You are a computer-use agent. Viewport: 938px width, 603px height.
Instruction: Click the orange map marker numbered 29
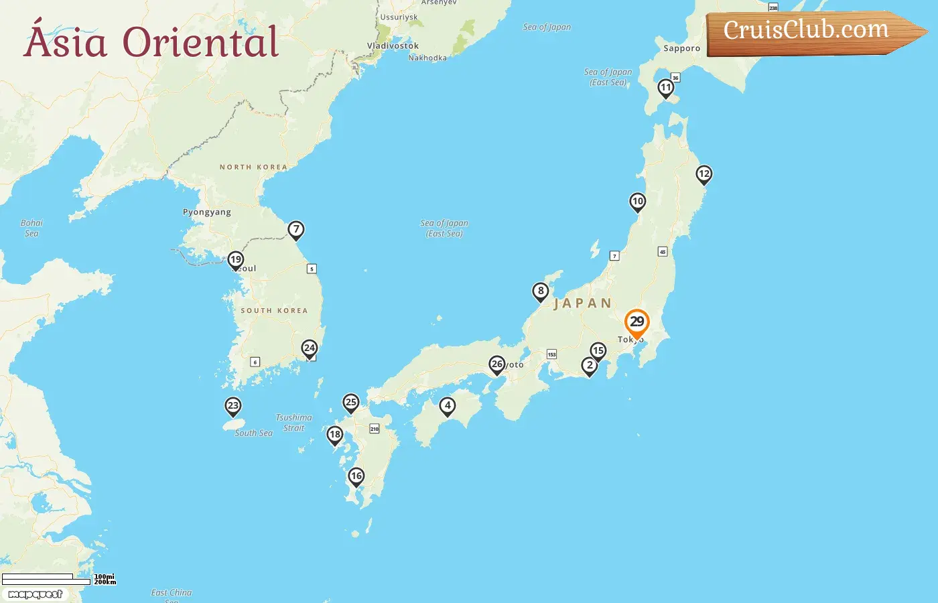click(636, 323)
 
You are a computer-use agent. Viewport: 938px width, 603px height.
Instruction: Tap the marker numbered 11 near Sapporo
click(665, 88)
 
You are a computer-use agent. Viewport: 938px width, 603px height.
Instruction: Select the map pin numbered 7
click(296, 230)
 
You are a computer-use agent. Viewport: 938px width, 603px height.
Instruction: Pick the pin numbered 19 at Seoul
click(235, 260)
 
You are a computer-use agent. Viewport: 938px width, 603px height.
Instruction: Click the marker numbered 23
click(233, 406)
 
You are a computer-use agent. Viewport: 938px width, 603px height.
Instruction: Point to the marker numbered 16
click(356, 476)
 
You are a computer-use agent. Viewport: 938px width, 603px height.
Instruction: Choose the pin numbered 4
click(448, 405)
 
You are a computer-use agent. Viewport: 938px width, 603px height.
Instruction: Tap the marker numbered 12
click(703, 175)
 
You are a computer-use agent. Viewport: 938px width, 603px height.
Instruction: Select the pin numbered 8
click(541, 291)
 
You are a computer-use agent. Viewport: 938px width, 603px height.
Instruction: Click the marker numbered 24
click(309, 348)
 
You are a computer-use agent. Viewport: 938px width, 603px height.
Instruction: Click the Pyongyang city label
click(207, 212)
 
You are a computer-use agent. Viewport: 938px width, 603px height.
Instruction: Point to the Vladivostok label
click(393, 46)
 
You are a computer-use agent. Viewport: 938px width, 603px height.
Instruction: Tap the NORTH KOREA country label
click(253, 167)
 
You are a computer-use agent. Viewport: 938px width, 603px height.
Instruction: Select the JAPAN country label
click(583, 304)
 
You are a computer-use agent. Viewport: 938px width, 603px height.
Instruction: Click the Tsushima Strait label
click(293, 423)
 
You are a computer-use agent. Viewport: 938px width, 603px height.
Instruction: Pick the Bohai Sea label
click(31, 228)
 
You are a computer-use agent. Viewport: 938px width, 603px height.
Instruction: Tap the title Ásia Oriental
click(151, 42)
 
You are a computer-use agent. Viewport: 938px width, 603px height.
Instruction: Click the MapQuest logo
click(36, 594)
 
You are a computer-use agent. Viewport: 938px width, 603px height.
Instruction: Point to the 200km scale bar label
click(105, 582)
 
